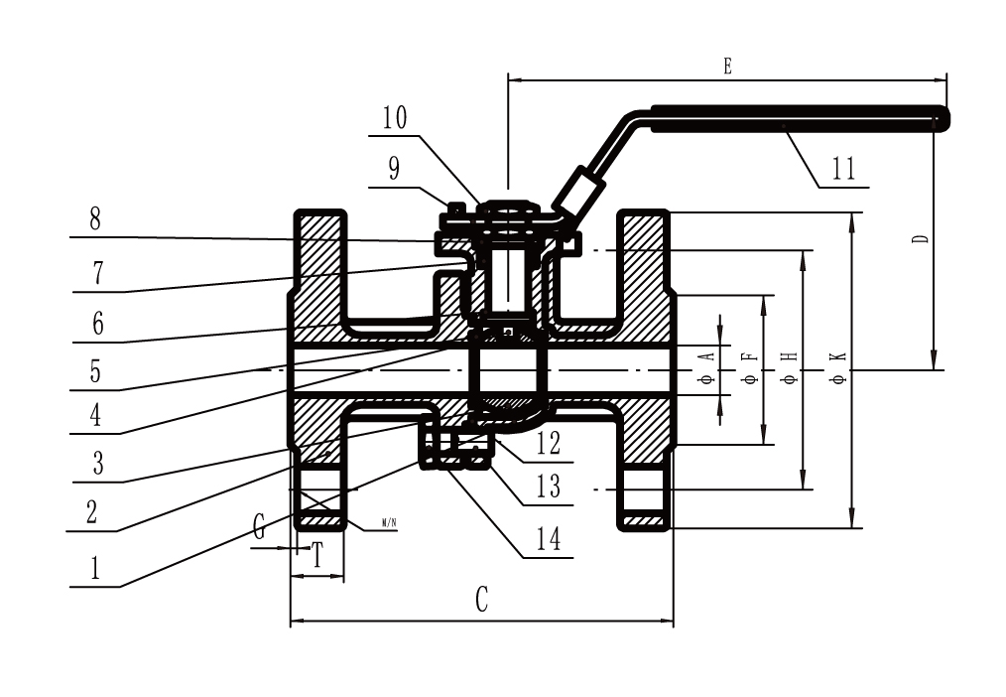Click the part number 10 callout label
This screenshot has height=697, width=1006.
[395, 118]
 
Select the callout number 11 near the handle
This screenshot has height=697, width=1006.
[843, 169]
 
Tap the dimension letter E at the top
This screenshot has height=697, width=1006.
[727, 67]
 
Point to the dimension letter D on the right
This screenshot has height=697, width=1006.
[922, 238]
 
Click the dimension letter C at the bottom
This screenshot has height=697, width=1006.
[482, 600]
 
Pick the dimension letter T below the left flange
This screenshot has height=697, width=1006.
[316, 555]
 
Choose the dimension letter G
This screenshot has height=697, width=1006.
[259, 527]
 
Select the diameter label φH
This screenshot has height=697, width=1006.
[791, 367]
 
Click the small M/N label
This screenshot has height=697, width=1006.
[390, 523]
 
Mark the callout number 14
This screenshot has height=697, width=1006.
[548, 539]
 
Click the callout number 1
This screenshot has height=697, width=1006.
[95, 568]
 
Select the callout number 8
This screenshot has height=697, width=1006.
[95, 218]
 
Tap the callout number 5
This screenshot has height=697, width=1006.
[95, 371]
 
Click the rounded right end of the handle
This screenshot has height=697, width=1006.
[943, 120]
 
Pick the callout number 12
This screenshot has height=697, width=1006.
[548, 443]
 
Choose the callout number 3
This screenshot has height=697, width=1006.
[97, 463]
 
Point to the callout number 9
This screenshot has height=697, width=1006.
[394, 168]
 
